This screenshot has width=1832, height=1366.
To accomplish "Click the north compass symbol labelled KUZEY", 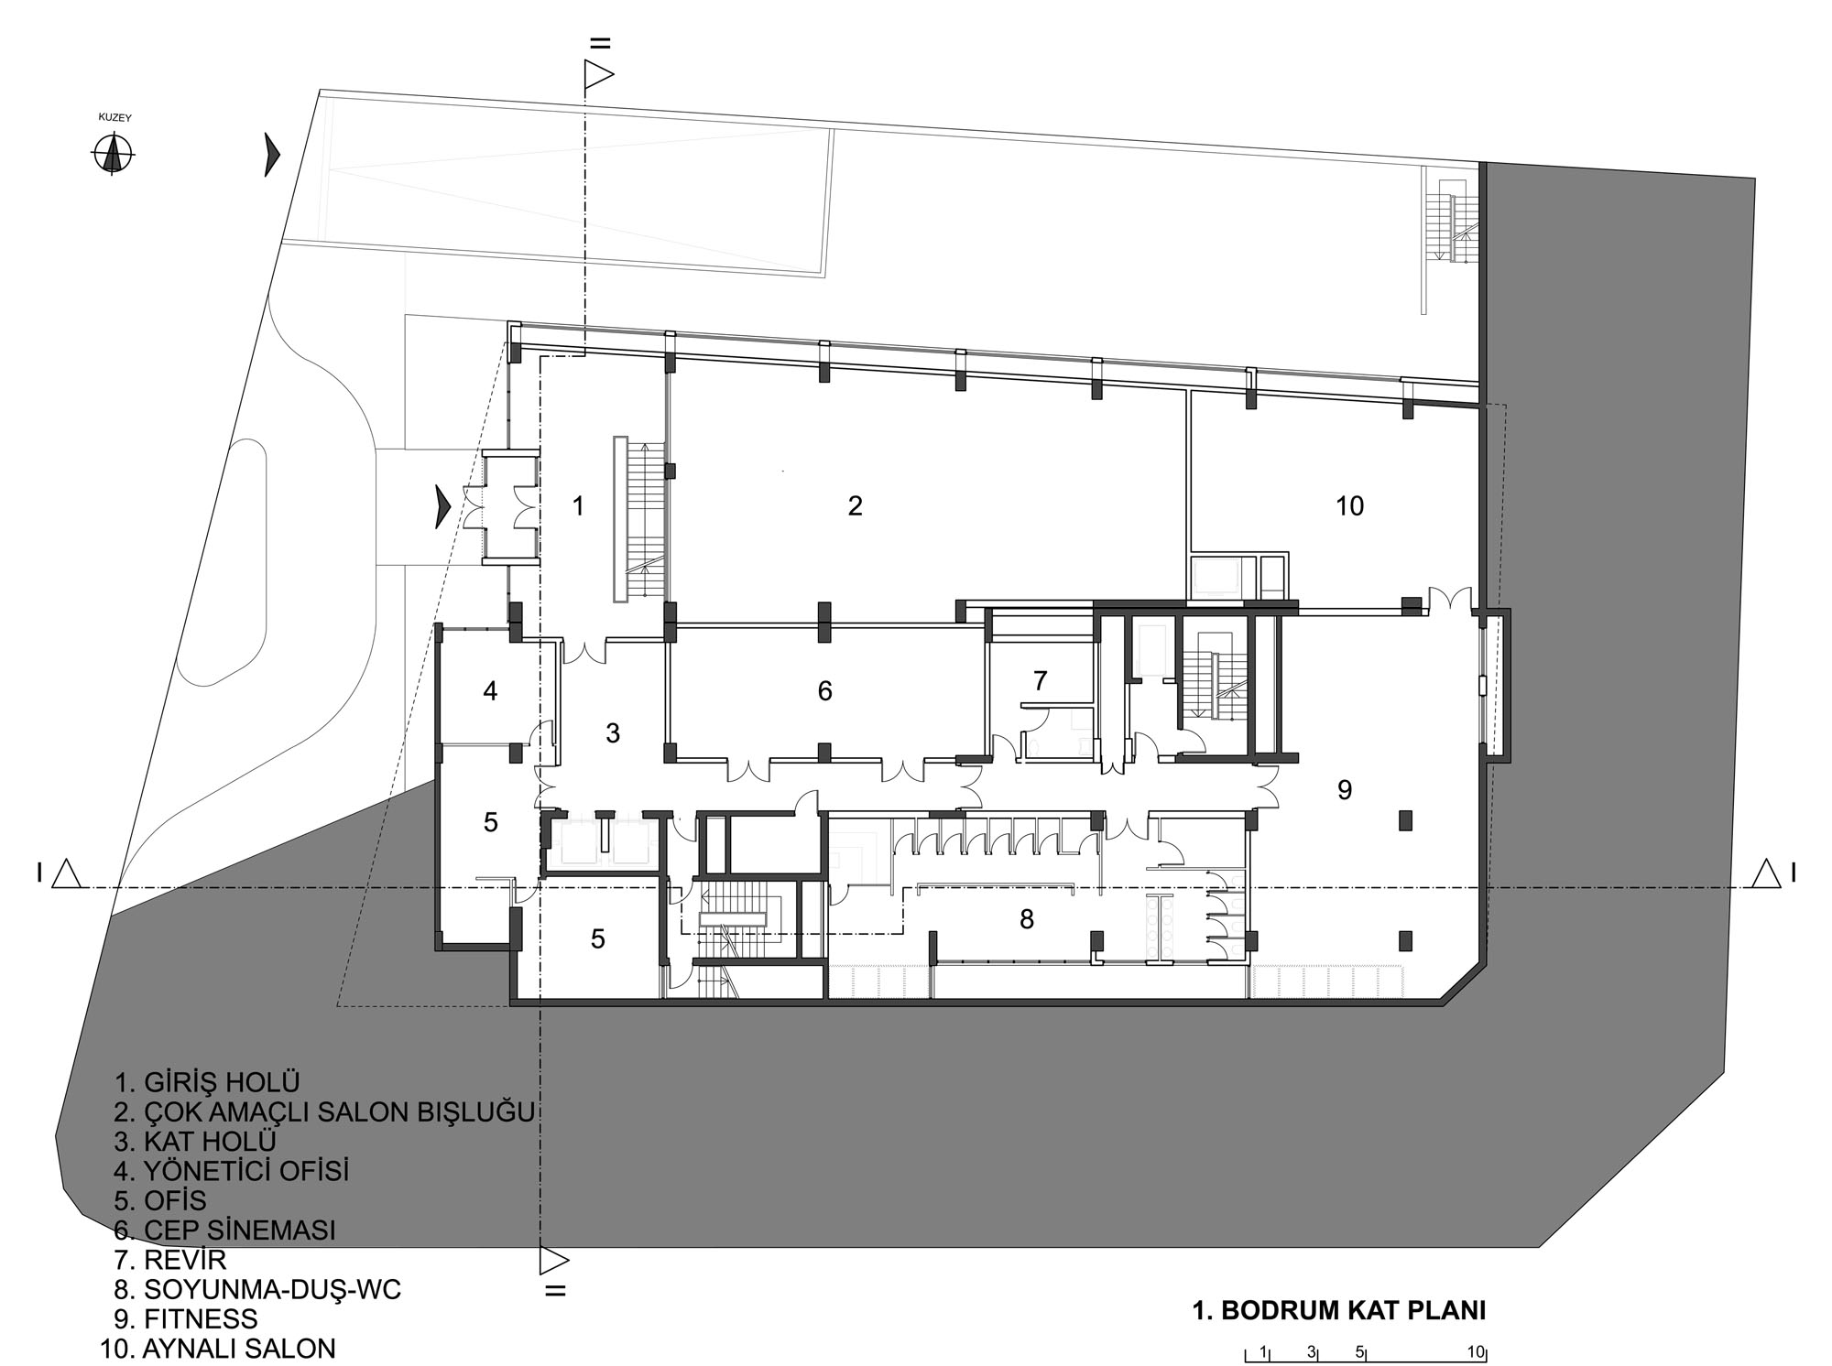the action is (113, 153).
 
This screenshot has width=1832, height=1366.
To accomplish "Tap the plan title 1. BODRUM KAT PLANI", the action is (1339, 1310).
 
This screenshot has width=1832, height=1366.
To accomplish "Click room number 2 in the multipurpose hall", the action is (855, 506).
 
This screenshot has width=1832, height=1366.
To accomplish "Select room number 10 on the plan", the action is (1349, 505).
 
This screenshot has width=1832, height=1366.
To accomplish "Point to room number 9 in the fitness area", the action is (1345, 789).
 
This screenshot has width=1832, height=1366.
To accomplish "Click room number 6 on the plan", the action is (824, 691).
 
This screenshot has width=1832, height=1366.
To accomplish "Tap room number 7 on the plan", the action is (1040, 681).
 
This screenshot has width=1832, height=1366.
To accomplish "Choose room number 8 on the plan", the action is (1026, 919).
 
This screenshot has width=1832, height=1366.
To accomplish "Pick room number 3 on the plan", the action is (613, 732).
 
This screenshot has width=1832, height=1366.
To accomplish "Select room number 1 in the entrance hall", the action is (578, 505).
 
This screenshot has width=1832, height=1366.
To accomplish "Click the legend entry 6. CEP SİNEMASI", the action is (224, 1230).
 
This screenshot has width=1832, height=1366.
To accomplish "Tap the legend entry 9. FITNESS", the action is (186, 1319).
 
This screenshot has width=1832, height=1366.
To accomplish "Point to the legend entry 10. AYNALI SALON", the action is (218, 1349).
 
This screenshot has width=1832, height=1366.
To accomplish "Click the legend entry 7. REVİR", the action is (169, 1260).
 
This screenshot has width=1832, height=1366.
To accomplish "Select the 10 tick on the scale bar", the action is (1475, 1351).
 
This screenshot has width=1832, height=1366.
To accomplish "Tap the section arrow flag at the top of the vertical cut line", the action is (597, 74).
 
